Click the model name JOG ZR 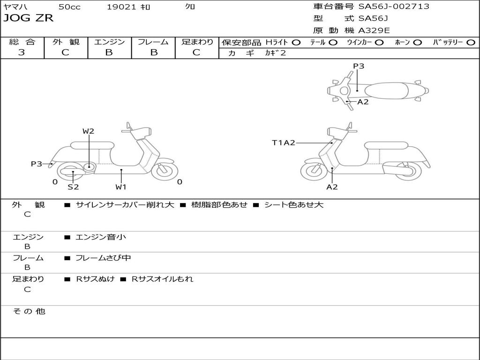point(29,18)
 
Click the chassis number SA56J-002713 point(394,7)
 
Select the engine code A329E point(374,30)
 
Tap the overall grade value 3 point(22,52)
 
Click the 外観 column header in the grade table point(66,42)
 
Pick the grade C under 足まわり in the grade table point(196,52)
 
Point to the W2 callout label point(89,131)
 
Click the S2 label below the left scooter point(73,187)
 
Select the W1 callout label point(121,187)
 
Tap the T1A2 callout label point(284,142)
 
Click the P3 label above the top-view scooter point(359,66)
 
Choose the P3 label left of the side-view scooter point(37,164)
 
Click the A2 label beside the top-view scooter point(363,102)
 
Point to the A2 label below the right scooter point(332,187)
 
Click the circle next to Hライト point(296,42)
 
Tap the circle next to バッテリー point(471,42)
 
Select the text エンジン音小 point(101,237)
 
